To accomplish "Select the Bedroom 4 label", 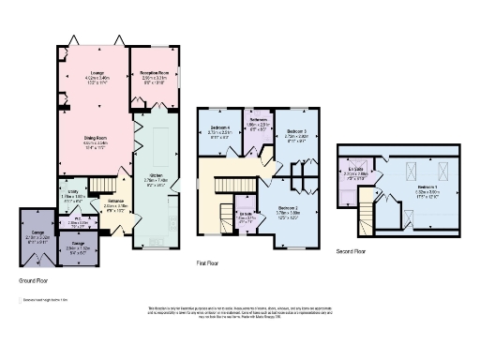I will pos(220,131).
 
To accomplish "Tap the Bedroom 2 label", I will pos(287,210).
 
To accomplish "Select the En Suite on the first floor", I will pos(247,217).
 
